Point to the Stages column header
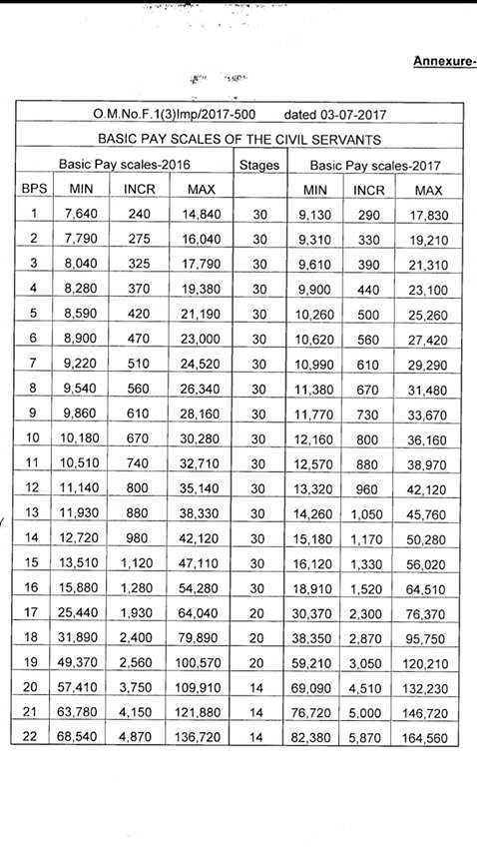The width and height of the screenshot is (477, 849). coord(259,163)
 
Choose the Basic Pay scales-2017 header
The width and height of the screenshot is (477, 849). coord(375,163)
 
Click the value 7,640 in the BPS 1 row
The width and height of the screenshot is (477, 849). coord(79,214)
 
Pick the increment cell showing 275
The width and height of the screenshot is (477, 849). coord(139,240)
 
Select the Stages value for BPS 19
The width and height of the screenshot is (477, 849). coord(259,663)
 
